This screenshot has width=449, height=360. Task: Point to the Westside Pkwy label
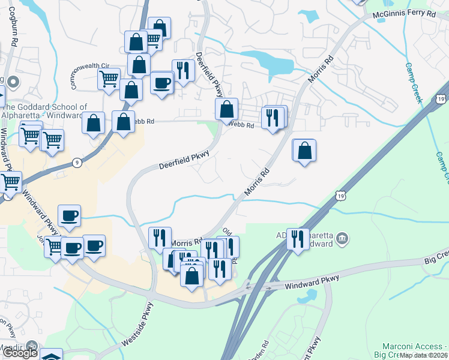click(x=134, y=326)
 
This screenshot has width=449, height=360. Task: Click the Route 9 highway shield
click(x=77, y=162)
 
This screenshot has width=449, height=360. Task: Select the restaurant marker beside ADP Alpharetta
click(x=297, y=239)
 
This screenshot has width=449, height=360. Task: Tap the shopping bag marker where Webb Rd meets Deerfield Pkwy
click(x=226, y=109)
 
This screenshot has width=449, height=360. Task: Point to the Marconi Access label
click(x=415, y=347)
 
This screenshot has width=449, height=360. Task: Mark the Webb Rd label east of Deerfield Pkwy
click(x=243, y=125)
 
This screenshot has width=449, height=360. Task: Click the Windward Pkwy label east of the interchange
click(x=312, y=281)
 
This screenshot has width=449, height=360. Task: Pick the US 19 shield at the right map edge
click(x=442, y=99)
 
